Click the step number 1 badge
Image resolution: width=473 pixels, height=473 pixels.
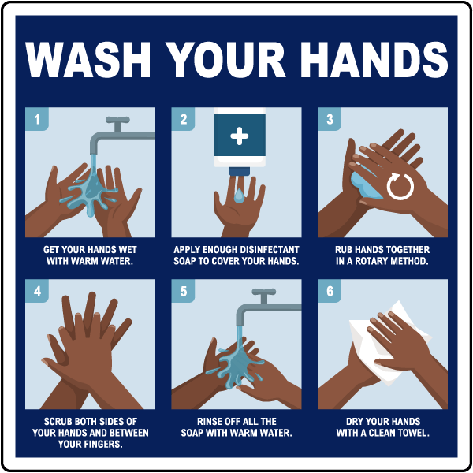(x=37, y=120)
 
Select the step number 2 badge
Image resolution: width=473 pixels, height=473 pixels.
(x=184, y=120)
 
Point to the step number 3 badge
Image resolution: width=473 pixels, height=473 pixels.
(x=330, y=120)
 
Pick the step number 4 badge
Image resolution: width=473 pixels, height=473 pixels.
(x=37, y=292)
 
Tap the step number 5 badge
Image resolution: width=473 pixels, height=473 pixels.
(x=184, y=292)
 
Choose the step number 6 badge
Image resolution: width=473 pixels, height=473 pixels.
(x=330, y=292)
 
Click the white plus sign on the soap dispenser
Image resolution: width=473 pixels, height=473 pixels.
(x=239, y=136)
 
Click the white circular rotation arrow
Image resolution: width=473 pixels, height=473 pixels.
(x=400, y=187)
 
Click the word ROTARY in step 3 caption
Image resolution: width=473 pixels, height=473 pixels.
(x=367, y=261)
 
